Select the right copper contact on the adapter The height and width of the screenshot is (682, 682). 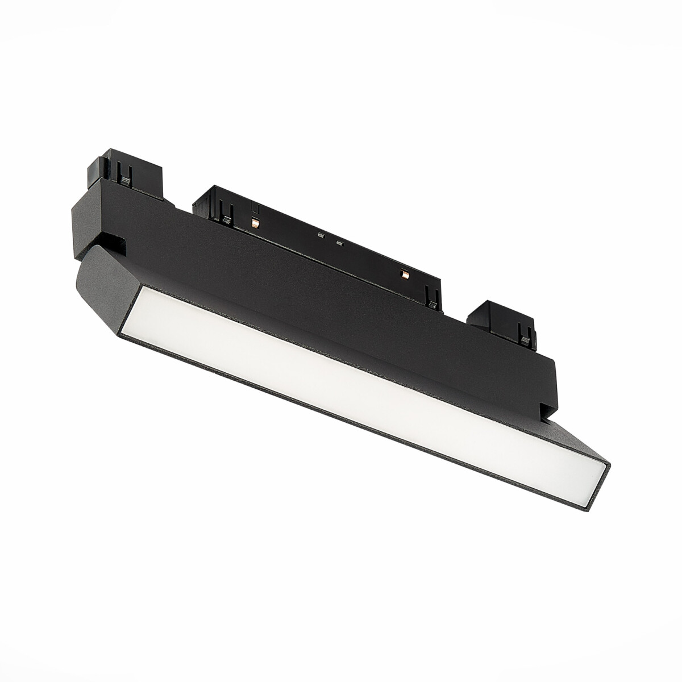404,275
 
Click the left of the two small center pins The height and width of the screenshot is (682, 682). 321,235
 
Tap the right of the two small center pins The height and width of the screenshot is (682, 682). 340,243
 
